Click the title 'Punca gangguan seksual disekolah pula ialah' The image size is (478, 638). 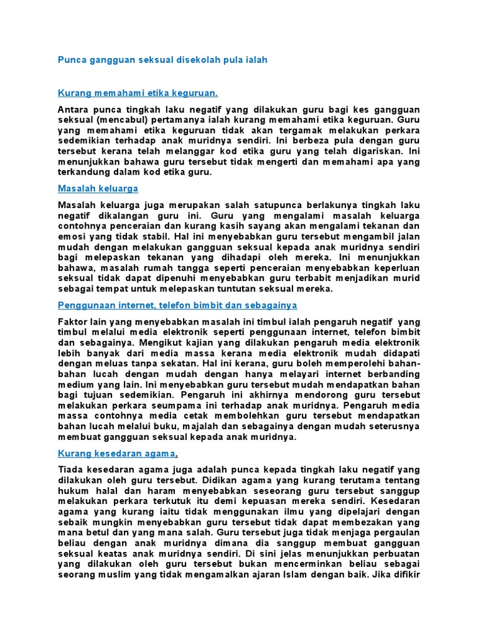coord(162,60)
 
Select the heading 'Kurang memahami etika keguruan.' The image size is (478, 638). coord(138,93)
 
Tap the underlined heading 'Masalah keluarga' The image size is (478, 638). coord(98,188)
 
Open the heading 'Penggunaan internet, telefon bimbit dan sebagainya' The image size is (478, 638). coord(177,305)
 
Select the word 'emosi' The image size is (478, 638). coord(70,236)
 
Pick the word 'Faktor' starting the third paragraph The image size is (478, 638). coord(73,321)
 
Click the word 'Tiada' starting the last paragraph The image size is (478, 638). coord(70,469)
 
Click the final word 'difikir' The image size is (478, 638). coord(404,574)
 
